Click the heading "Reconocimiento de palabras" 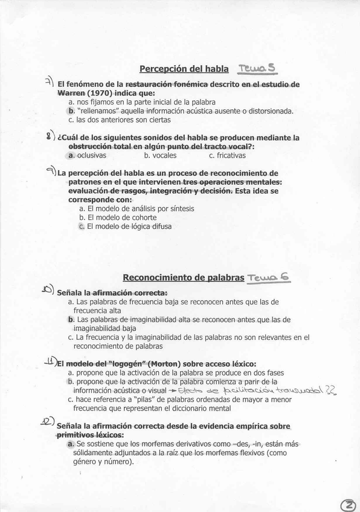coord(184,278)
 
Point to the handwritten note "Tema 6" coord(269,277)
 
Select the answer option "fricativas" coord(227,156)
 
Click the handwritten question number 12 coord(47,422)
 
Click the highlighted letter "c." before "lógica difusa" coord(82,227)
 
